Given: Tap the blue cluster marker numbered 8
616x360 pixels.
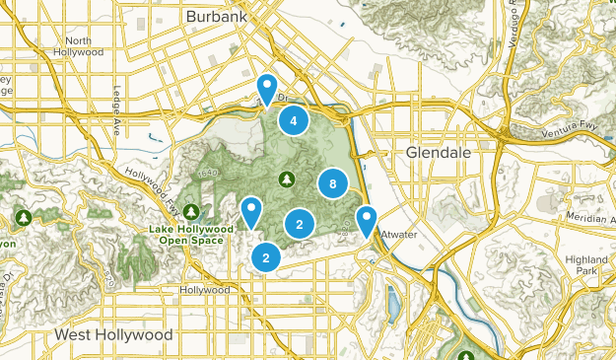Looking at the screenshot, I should (x=333, y=183).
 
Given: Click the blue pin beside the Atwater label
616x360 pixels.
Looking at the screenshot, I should (x=367, y=220).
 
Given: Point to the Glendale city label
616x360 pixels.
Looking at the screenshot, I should (x=439, y=153).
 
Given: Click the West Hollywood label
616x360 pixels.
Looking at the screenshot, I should (x=113, y=335).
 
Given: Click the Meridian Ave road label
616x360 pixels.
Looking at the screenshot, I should (x=590, y=217).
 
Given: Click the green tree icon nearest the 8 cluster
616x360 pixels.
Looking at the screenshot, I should (x=286, y=179).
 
